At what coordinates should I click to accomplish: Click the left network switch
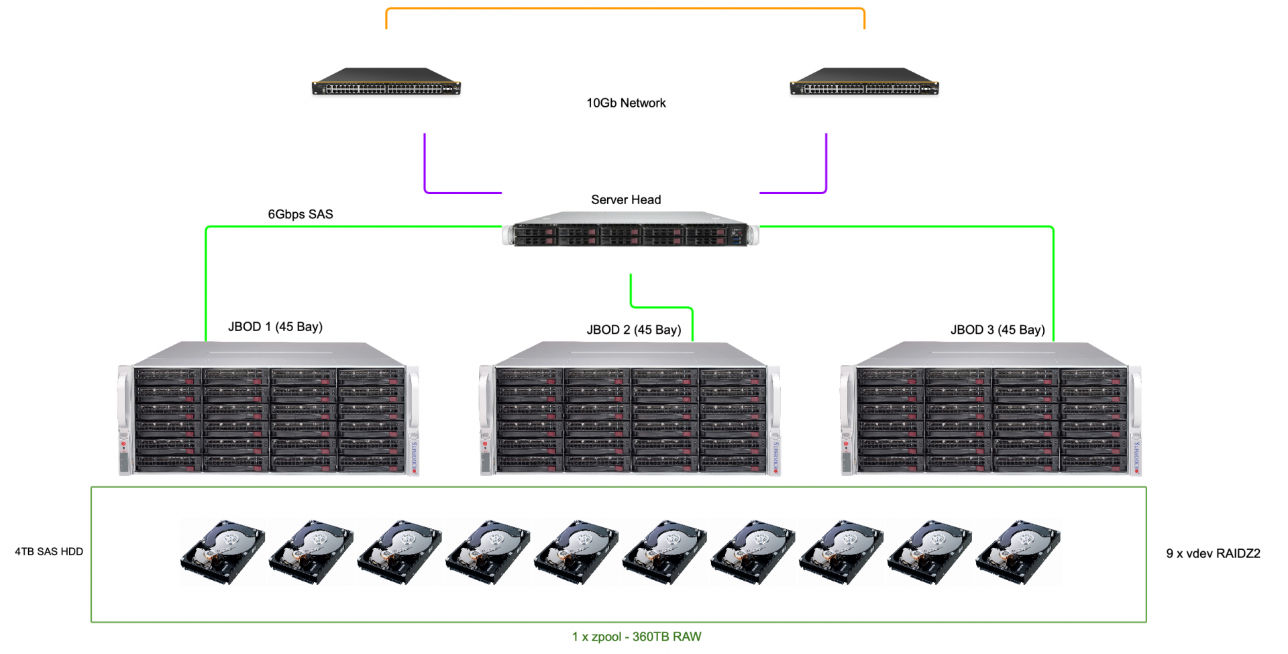tap(386, 81)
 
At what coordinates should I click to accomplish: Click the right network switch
tap(864, 81)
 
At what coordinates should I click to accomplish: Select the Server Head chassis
tap(631, 229)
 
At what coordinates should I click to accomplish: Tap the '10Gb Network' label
tap(626, 103)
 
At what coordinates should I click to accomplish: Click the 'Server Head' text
tap(626, 199)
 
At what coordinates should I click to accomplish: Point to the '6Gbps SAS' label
tap(301, 214)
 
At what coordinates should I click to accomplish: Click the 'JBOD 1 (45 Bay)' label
tap(275, 327)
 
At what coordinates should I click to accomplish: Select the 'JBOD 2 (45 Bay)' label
tap(634, 330)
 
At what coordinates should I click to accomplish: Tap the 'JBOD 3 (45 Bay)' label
tap(998, 330)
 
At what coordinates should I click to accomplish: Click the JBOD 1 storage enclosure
tap(268, 408)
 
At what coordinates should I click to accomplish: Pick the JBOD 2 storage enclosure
tap(630, 408)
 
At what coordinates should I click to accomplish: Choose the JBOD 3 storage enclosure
tap(991, 408)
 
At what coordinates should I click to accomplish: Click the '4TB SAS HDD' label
tap(49, 551)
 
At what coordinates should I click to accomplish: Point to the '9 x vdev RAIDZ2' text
tap(1213, 553)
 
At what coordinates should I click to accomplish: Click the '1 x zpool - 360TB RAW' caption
tap(637, 637)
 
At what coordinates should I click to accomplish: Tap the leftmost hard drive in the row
tap(223, 551)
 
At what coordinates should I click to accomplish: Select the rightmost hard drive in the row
tap(1018, 551)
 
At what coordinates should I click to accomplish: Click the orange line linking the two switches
tap(625, 9)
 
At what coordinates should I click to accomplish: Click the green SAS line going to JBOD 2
tap(661, 308)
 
